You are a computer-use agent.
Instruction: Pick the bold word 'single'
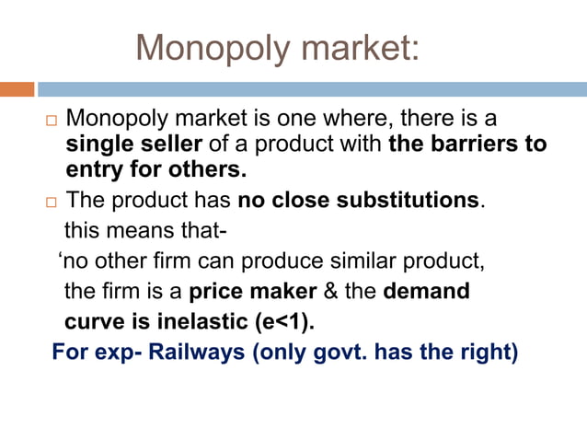pos(98,145)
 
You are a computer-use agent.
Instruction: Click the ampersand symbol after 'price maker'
pos(328,293)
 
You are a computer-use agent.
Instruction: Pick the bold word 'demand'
pos(426,293)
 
